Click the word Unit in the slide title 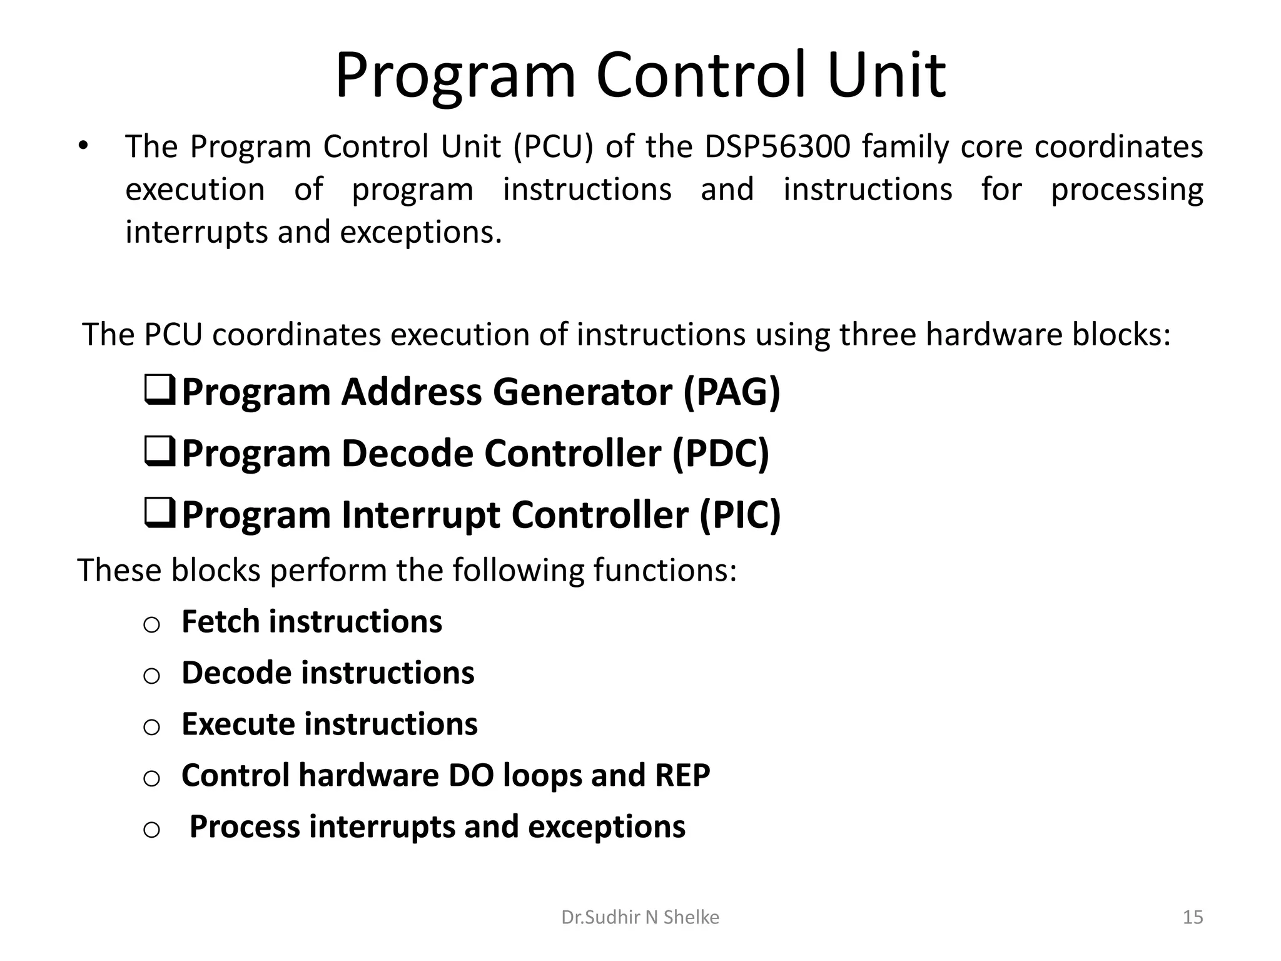point(887,76)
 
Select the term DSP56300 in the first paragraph point(777,147)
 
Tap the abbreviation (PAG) point(732,392)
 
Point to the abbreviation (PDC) point(721,454)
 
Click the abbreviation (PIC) point(740,515)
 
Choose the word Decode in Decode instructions point(237,673)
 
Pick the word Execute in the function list point(238,725)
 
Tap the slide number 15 point(1193,917)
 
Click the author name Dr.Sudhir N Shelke point(640,917)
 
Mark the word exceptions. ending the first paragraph point(421,233)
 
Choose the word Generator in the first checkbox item point(582,392)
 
